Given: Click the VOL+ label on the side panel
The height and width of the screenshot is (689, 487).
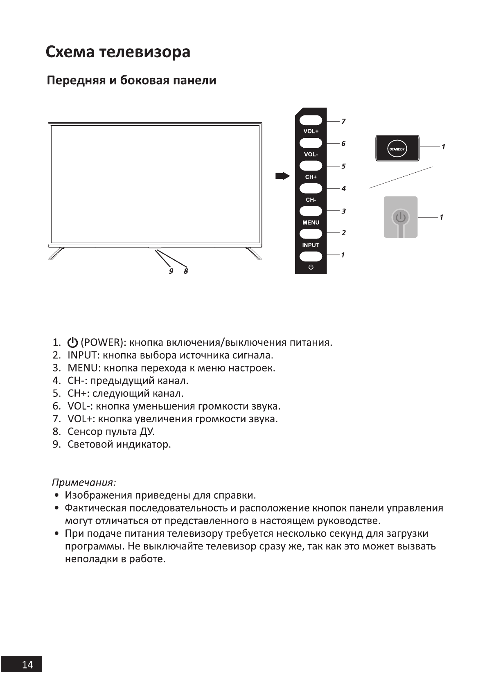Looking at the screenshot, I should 311,131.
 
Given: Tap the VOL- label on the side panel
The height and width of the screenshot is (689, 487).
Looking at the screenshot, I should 311,154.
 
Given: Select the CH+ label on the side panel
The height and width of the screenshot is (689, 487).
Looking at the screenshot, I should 311,177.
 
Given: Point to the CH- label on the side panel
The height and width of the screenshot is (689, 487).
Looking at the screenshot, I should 311,200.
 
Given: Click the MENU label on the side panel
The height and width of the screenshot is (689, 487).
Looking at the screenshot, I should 311,223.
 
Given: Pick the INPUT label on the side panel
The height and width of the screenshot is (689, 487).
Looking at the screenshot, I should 311,245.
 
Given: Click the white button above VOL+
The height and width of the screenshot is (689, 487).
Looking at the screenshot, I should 311,120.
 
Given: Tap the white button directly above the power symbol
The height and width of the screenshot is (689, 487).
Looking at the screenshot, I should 311,257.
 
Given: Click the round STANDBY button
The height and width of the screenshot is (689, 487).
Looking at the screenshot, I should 396,149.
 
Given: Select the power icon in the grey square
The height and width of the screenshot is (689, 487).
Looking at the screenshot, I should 400,217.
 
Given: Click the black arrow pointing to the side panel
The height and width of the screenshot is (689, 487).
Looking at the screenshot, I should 282,176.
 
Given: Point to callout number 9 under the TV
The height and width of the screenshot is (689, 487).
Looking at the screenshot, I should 171,271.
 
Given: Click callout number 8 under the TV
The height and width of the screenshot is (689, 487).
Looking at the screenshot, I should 186,271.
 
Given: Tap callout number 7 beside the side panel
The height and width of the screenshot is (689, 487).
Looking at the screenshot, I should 343,122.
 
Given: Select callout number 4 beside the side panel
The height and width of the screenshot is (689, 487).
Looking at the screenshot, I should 343,189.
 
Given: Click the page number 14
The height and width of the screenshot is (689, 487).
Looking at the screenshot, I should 27,664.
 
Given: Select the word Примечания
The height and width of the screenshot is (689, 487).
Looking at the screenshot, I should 84,482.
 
